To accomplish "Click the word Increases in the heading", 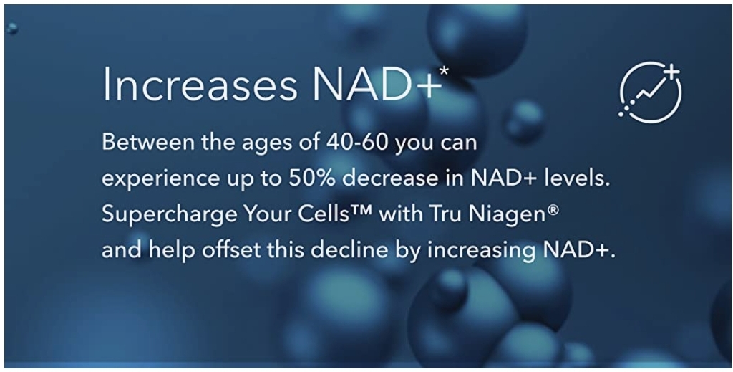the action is [200, 85].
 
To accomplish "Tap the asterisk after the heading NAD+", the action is [444, 71].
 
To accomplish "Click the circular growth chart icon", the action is [650, 92].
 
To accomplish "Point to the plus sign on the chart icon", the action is [671, 72].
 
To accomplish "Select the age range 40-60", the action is [357, 142].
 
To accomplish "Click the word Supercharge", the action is [169, 215].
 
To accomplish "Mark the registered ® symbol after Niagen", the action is [553, 210].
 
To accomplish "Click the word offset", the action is [231, 250].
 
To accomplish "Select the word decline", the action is [349, 250].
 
